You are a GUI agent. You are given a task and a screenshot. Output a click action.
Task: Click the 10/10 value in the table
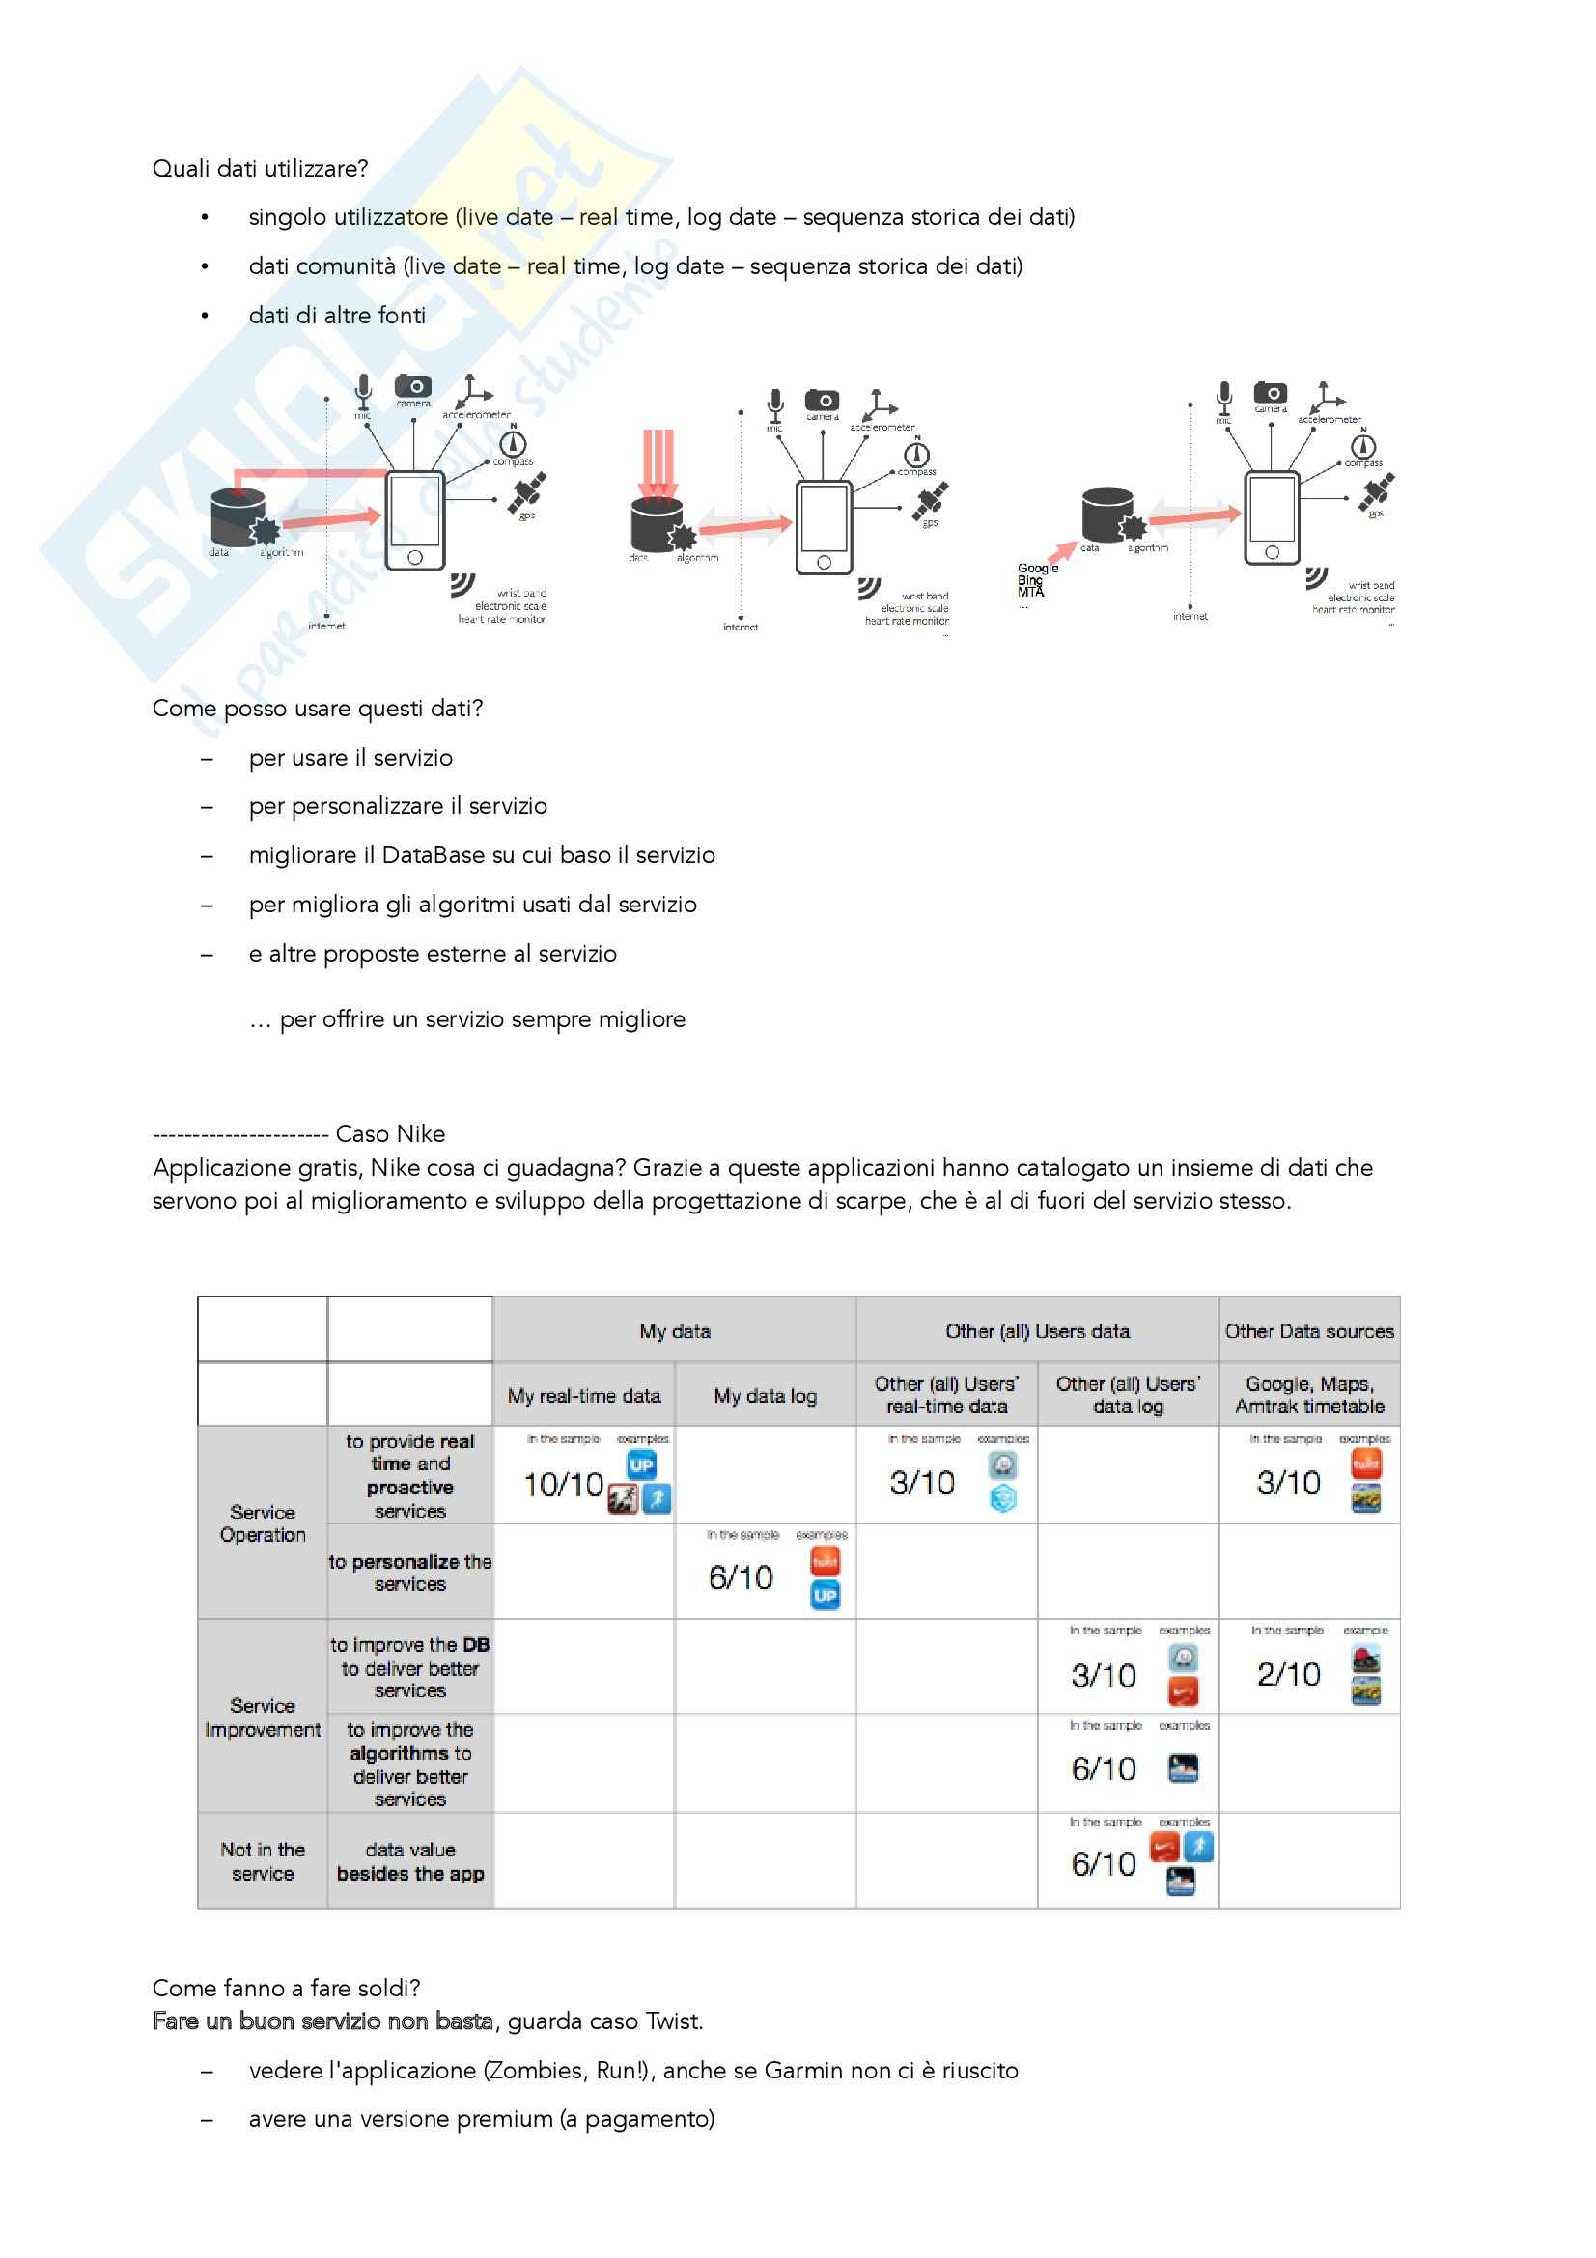click(x=563, y=1484)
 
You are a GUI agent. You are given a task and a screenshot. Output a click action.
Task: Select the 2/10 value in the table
click(x=1288, y=1674)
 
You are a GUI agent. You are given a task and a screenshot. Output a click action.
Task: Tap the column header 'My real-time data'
click(x=584, y=1396)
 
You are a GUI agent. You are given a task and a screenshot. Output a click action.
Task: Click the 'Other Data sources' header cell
click(x=1309, y=1330)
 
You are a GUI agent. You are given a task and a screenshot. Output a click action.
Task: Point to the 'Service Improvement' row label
click(x=263, y=1717)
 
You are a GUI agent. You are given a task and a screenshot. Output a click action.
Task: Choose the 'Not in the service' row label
click(x=263, y=1861)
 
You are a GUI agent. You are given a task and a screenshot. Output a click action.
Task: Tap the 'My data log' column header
click(x=765, y=1396)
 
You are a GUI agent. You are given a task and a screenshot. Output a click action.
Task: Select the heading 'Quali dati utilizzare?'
click(x=261, y=169)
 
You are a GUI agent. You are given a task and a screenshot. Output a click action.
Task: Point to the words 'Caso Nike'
click(x=390, y=1134)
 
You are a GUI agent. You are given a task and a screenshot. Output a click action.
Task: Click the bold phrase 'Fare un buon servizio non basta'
click(x=322, y=2021)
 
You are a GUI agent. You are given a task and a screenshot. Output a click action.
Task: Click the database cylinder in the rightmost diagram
click(x=1107, y=514)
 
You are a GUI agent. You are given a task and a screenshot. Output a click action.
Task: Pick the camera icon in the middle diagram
click(x=822, y=400)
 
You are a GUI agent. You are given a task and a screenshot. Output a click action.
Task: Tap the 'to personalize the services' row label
click(x=410, y=1573)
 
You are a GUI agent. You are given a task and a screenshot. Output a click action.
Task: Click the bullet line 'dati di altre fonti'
click(x=337, y=316)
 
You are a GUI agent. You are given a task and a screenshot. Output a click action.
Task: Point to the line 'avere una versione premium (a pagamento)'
click(x=482, y=2118)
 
